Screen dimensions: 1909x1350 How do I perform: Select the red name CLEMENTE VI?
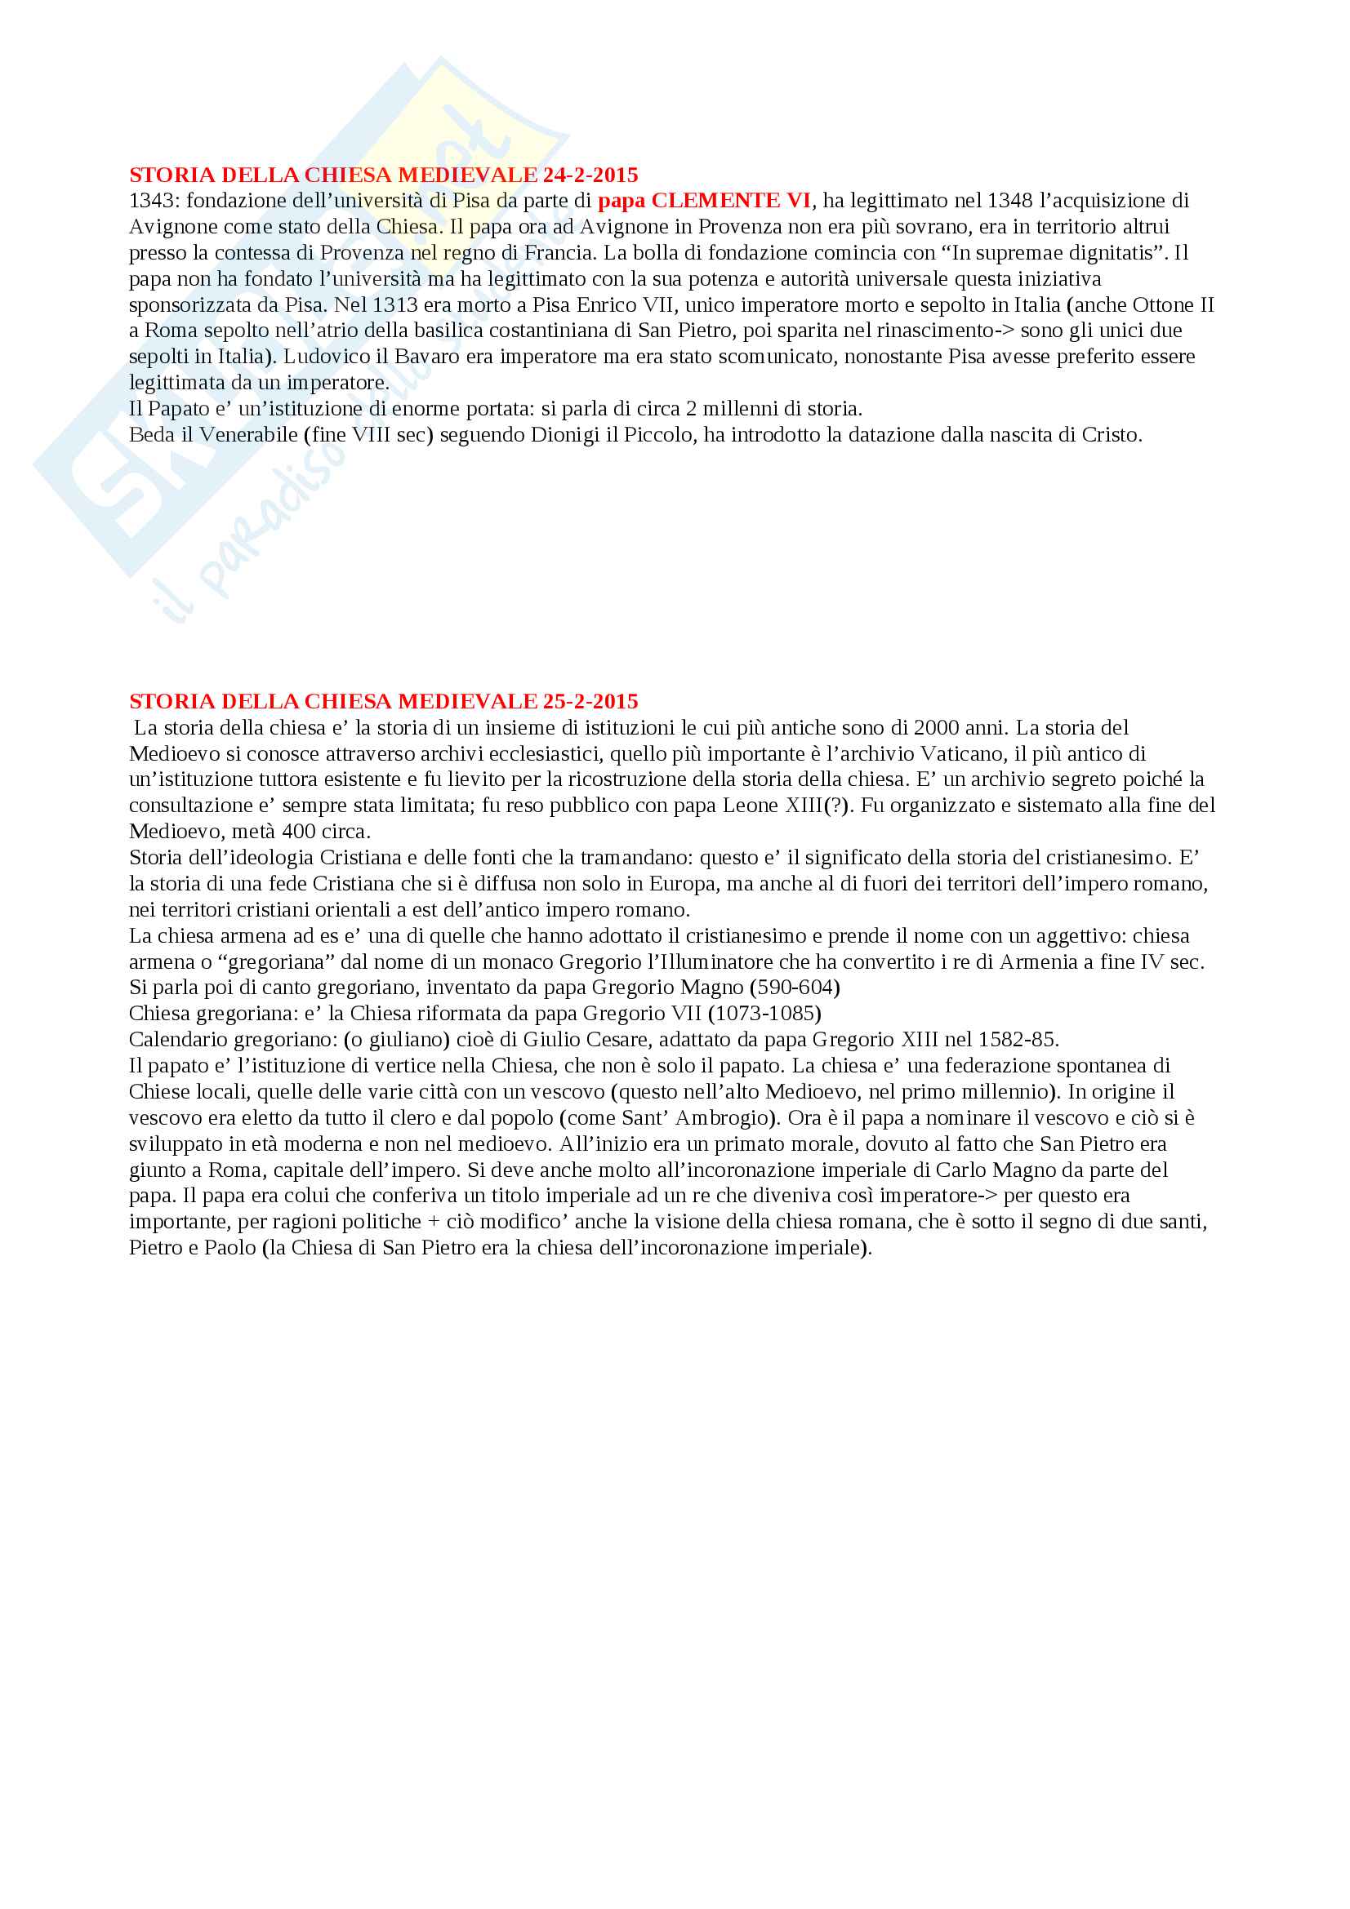coord(730,201)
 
